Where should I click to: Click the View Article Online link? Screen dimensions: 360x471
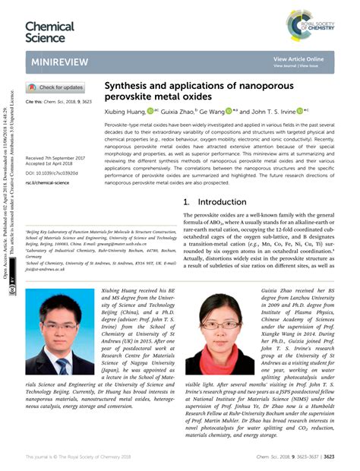[x=298, y=58]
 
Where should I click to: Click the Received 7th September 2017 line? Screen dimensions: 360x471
[x=55, y=158]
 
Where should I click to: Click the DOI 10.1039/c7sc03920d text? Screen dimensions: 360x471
[x=53, y=172]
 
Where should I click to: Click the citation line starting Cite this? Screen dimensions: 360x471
[x=60, y=101]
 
